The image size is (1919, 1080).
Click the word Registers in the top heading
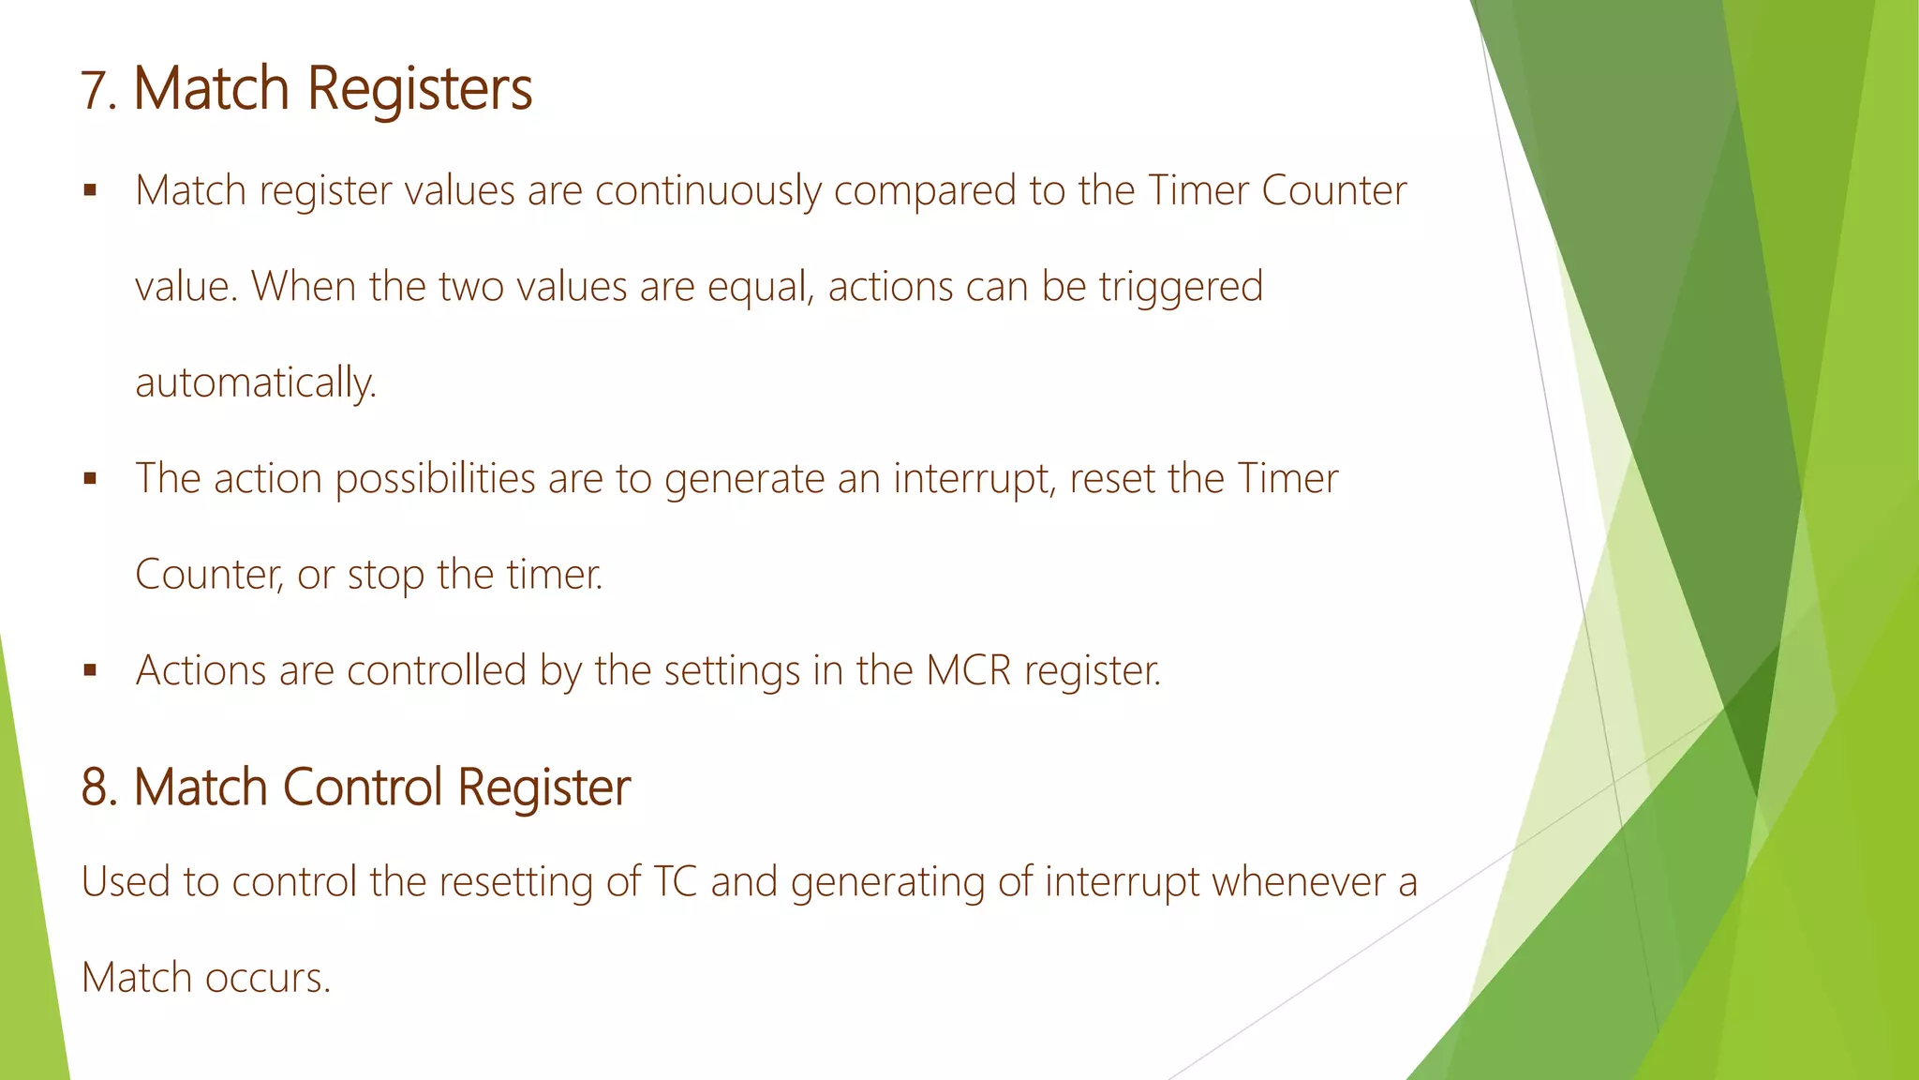[x=420, y=89]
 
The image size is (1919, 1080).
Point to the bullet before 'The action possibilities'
[x=90, y=479]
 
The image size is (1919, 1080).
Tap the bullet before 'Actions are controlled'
[x=90, y=671]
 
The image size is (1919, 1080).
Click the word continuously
[x=707, y=191]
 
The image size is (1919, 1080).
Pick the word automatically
[x=255, y=383]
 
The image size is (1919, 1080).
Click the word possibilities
[x=435, y=479]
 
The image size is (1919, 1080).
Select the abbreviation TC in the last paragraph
[x=675, y=882]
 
